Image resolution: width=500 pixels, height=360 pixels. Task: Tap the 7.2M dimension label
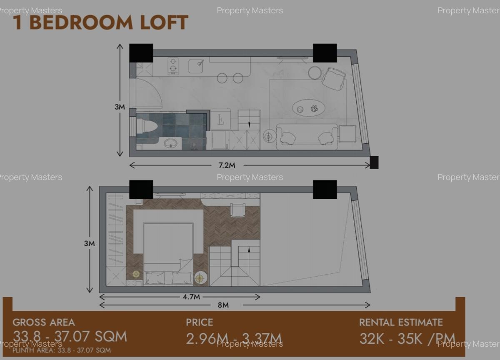point(227,165)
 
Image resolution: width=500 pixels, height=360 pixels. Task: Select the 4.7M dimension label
point(191,297)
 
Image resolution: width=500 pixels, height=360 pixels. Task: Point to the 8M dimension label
point(223,305)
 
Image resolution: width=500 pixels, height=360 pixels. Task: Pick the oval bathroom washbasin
point(171,143)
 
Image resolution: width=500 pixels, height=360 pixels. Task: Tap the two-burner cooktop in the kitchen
point(173,66)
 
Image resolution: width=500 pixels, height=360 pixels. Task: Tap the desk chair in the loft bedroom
point(237,210)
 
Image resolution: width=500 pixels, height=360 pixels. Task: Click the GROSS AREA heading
point(44,322)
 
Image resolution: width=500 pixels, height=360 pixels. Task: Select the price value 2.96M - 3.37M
point(234,338)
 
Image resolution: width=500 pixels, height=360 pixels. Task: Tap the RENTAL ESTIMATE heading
point(401,322)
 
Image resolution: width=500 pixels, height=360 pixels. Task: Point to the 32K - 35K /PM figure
point(407,338)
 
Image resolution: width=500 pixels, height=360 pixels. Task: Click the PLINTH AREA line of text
point(62,350)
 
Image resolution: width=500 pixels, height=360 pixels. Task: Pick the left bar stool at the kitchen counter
point(222,78)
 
